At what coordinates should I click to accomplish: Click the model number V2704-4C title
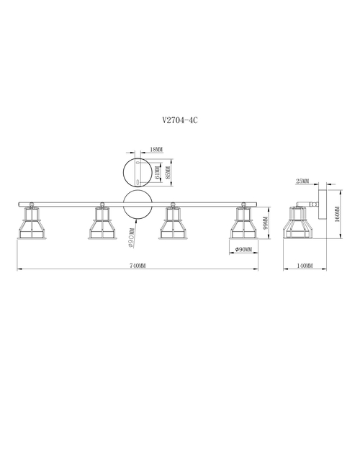[x=180, y=120]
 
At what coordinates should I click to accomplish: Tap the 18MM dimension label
[x=156, y=150]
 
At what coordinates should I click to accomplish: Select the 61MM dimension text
[x=158, y=172]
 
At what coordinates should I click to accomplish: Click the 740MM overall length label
[x=138, y=266]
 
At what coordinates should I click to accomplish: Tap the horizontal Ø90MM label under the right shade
[x=243, y=250]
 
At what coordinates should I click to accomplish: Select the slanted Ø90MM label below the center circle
[x=131, y=238]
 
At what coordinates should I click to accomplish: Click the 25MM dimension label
[x=302, y=181]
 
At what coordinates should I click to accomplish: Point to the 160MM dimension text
[x=337, y=214]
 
